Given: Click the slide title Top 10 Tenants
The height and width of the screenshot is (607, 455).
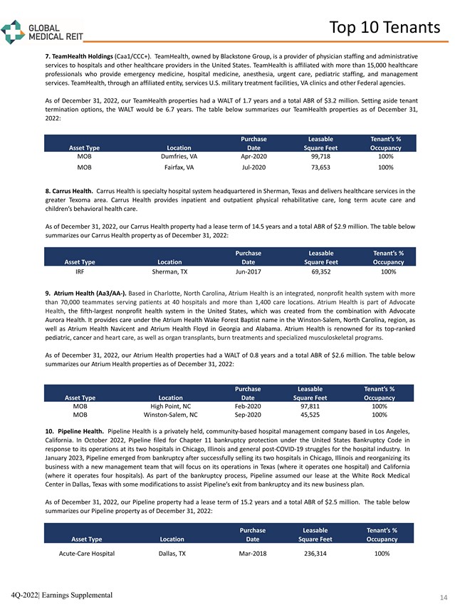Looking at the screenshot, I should tap(385, 27).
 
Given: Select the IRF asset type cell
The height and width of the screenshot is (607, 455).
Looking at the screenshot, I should tap(80, 271).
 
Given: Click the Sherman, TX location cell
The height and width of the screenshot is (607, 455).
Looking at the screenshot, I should tap(170, 271).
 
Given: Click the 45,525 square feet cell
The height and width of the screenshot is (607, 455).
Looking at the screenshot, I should tap(310, 415).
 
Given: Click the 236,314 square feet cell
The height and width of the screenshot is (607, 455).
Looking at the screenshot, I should tap(317, 553).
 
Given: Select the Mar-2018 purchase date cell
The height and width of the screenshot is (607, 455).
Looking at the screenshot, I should tap(253, 553).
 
